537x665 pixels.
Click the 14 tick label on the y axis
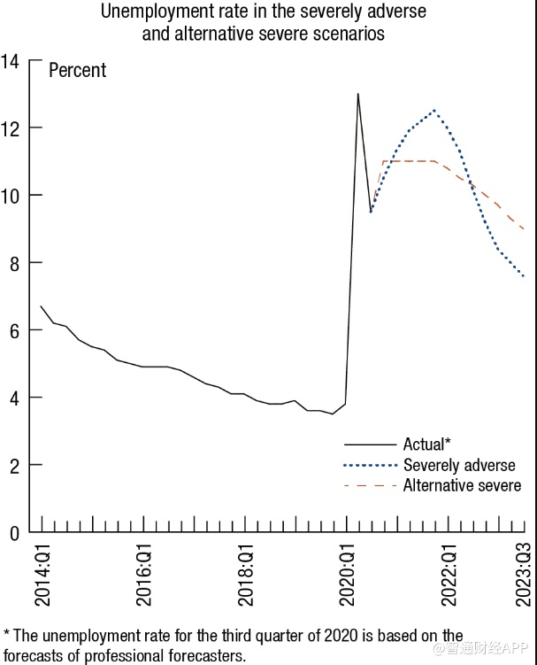tap(11, 60)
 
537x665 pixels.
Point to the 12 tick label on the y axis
tap(11, 128)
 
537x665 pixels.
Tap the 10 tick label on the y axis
tap(11, 195)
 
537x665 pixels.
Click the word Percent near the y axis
tap(77, 70)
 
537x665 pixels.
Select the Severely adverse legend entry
tap(458, 465)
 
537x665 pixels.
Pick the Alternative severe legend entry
tap(462, 485)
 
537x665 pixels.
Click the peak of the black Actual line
tap(357, 94)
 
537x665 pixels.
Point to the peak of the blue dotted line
tap(433, 111)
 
